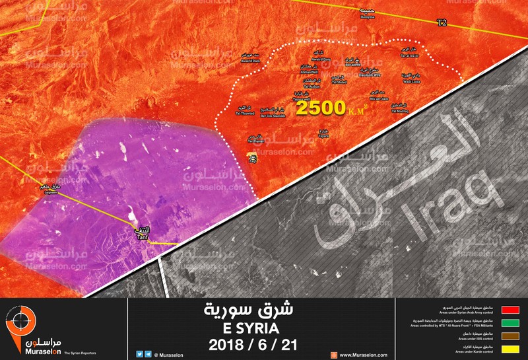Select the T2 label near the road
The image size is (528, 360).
pos(442,22)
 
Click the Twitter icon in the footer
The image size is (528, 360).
pos(139,354)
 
